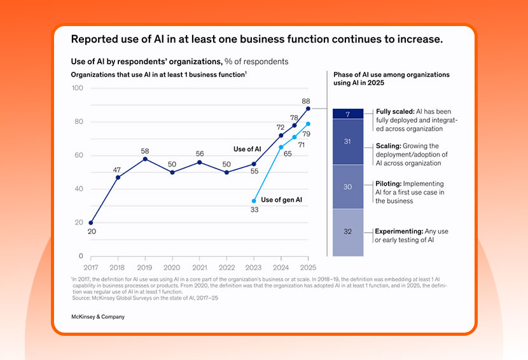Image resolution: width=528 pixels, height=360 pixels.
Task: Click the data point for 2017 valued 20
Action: (91, 223)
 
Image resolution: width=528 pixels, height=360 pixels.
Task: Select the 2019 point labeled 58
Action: (145, 158)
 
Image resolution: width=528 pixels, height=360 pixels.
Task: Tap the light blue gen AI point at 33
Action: (254, 200)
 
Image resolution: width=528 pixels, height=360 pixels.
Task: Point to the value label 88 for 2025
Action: (306, 100)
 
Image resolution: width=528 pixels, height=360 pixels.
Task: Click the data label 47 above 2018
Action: (118, 170)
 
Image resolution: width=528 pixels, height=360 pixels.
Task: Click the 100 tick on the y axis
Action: (78, 88)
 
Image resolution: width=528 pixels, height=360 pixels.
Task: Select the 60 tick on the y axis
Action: (79, 155)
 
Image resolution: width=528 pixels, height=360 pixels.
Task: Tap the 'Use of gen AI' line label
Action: (281, 200)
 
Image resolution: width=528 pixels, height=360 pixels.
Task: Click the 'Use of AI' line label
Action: (247, 149)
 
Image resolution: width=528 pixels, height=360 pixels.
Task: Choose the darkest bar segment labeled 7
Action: (347, 114)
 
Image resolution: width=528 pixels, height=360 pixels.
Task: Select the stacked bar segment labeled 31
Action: (347, 141)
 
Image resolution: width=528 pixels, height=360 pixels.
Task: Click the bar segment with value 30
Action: (347, 187)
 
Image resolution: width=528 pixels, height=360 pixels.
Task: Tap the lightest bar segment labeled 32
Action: (347, 232)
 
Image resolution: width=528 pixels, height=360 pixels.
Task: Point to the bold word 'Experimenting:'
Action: (399, 231)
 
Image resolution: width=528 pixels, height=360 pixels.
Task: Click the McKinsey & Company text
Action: (97, 317)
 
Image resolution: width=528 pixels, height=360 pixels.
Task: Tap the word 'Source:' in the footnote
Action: (83, 298)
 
